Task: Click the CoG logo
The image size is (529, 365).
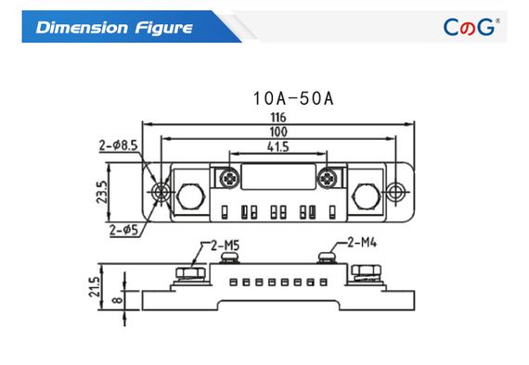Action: pyautogui.click(x=471, y=27)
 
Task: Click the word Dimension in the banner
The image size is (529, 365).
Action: pyautogui.click(x=82, y=28)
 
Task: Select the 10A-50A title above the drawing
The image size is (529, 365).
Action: pyautogui.click(x=293, y=98)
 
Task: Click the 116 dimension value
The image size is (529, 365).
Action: pyautogui.click(x=278, y=118)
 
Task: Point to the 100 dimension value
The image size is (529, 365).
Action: pyautogui.click(x=278, y=132)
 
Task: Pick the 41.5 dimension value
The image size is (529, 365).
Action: pyautogui.click(x=278, y=146)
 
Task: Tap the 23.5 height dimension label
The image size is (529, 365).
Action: pyautogui.click(x=102, y=192)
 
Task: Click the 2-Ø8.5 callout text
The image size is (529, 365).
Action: pyautogui.click(x=118, y=145)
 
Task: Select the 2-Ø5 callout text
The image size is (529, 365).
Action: pyautogui.click(x=123, y=230)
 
